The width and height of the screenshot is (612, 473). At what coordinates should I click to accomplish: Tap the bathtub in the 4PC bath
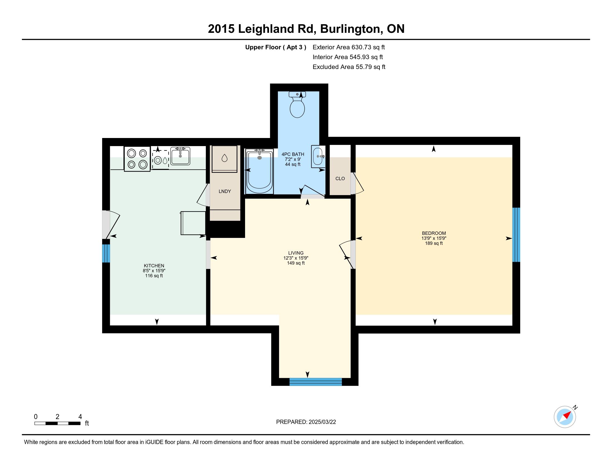click(260, 171)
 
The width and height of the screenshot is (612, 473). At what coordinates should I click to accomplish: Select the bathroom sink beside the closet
click(318, 156)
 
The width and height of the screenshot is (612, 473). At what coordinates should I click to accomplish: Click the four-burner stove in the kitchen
click(137, 159)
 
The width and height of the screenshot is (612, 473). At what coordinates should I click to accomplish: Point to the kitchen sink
click(180, 156)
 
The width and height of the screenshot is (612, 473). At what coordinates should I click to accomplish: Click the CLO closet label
click(340, 179)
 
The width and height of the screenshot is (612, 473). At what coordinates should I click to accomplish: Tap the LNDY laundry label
click(225, 191)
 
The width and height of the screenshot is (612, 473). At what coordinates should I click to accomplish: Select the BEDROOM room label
click(434, 233)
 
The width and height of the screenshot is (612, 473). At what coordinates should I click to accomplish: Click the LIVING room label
click(296, 253)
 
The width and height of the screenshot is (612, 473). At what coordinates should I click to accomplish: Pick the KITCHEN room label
click(154, 266)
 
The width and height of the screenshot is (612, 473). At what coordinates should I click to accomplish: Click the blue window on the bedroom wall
click(516, 235)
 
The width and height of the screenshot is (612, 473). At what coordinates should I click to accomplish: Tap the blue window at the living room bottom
click(315, 382)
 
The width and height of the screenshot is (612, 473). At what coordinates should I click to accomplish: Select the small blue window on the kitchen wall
click(106, 253)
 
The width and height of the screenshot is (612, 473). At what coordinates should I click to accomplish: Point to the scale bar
click(58, 423)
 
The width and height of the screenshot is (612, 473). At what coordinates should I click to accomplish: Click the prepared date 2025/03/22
click(322, 422)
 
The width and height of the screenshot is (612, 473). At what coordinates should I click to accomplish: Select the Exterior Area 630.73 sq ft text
click(349, 47)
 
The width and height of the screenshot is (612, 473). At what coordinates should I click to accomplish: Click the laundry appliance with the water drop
click(224, 159)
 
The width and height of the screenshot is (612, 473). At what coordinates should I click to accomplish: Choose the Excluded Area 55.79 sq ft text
click(349, 67)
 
